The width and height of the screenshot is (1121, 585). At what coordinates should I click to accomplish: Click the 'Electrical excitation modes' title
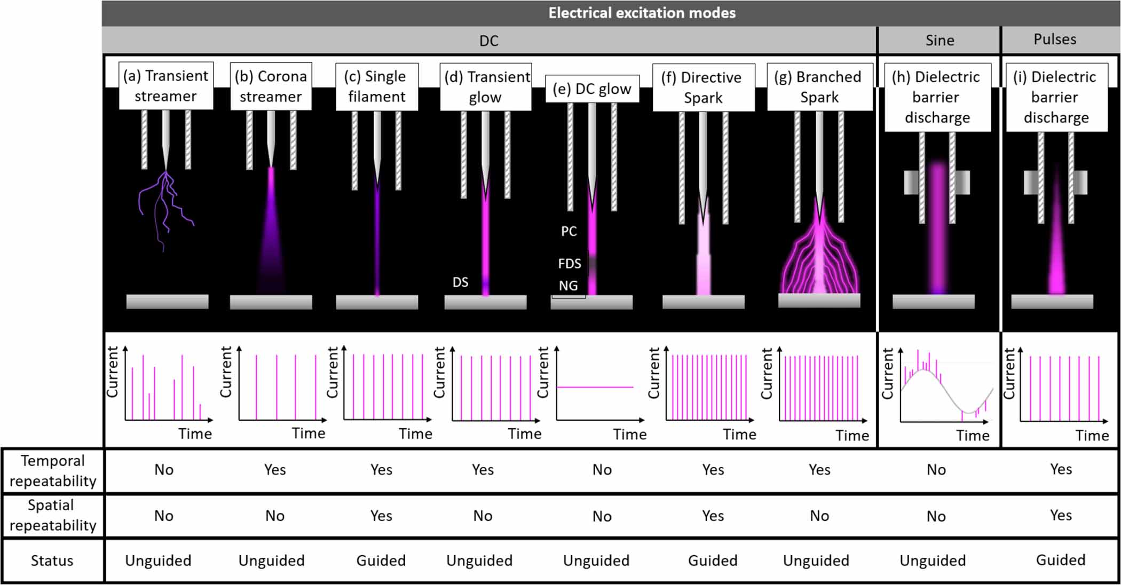(642, 13)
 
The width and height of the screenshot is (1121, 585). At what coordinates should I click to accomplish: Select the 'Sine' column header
(940, 41)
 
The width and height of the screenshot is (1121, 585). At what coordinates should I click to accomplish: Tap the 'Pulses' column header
(1055, 39)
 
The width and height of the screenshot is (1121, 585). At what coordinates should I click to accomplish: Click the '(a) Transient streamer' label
(165, 85)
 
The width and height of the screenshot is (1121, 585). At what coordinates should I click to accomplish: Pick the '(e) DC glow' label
(592, 89)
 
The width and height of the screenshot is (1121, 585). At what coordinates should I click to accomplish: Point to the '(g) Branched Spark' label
(818, 87)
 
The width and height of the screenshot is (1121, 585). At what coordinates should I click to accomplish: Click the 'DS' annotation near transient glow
(460, 282)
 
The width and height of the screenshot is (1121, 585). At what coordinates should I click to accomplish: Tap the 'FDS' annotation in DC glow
(569, 263)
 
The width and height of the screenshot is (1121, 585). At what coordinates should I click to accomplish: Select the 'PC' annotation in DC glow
(569, 231)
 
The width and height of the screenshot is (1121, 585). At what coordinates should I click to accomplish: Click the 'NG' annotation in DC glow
(568, 286)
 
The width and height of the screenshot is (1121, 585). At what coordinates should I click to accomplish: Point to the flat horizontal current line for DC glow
(595, 387)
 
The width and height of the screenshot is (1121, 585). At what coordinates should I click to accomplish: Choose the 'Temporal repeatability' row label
(52, 470)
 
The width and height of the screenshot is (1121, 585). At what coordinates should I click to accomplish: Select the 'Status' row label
(52, 560)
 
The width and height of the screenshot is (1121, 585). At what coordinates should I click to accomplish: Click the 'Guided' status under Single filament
(381, 560)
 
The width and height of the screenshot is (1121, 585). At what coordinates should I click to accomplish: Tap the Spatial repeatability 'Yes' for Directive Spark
(713, 516)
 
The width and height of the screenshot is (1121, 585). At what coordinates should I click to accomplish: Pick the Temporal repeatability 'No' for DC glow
(602, 470)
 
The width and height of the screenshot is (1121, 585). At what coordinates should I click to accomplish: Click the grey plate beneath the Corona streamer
(271, 302)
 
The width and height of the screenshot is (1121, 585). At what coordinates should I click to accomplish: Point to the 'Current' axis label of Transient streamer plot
(112, 371)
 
